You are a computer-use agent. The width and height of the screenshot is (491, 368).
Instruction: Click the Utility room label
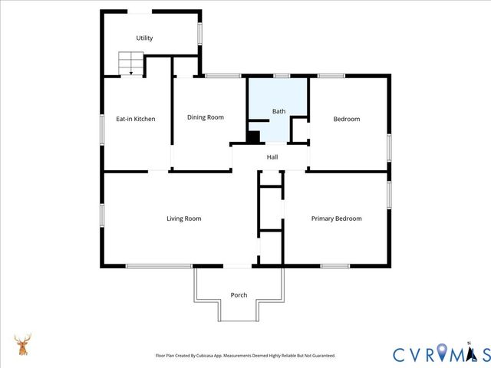(144, 38)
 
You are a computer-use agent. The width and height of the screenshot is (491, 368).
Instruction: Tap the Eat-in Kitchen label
(136, 119)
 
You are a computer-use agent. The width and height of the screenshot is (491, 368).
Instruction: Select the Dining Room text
(206, 117)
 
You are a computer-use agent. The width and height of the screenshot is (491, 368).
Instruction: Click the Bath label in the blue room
(278, 112)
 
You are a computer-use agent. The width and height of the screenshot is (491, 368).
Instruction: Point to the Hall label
(272, 157)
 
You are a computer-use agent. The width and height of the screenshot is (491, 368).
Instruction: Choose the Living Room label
(183, 219)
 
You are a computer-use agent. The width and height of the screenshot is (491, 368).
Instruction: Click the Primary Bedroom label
(336, 219)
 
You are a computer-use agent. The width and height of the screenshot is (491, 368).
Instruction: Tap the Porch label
(239, 295)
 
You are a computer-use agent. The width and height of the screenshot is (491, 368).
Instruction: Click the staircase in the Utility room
(130, 64)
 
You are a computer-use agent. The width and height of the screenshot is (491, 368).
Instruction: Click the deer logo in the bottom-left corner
(23, 345)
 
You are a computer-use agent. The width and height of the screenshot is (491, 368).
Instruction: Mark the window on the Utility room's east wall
(200, 34)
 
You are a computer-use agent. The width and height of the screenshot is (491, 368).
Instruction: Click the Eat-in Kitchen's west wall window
(103, 128)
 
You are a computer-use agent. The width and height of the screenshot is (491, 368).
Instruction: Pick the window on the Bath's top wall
(282, 75)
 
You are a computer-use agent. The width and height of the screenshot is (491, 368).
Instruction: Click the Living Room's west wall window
(103, 215)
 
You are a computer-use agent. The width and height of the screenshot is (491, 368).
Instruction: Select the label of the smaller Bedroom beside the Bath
(346, 119)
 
